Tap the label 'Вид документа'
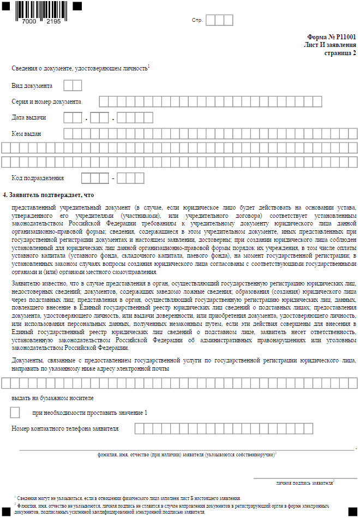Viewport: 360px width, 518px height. [32, 86]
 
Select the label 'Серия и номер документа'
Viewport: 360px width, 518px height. [46, 102]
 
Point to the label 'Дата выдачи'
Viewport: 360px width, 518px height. [29, 117]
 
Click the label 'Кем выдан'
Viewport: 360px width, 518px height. [27, 133]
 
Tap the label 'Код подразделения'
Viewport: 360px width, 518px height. [38, 178]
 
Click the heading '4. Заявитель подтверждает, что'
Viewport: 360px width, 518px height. [49, 194]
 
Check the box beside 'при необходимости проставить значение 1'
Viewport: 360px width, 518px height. [15, 413]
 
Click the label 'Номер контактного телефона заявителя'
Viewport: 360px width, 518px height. [65, 428]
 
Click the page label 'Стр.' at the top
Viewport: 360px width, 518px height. [197, 20]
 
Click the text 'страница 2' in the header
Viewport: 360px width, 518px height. [340, 53]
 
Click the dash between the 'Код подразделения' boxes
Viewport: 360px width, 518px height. [113, 178]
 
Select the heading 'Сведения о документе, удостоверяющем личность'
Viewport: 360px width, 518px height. [79, 68]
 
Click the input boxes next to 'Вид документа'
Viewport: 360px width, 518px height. [73, 86]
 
